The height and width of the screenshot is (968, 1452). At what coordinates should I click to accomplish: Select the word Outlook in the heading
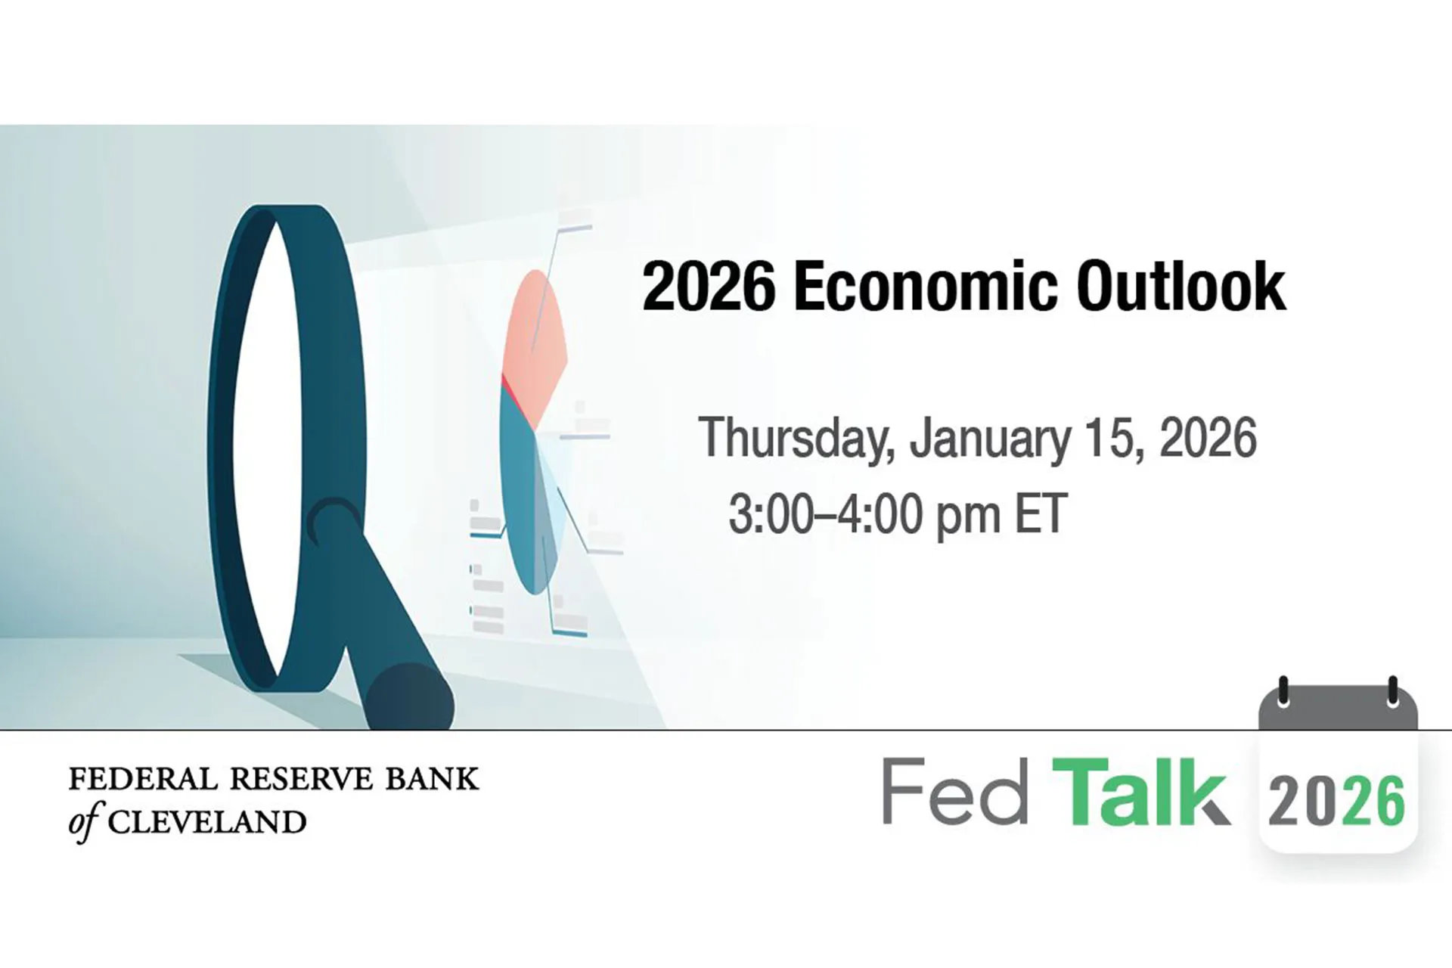pyautogui.click(x=1180, y=287)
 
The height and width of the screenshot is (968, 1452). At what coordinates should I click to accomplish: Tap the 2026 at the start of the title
pyautogui.click(x=708, y=287)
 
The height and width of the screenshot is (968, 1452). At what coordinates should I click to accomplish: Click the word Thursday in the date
pyautogui.click(x=797, y=439)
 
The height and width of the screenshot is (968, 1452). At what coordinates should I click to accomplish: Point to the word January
pyautogui.click(x=989, y=439)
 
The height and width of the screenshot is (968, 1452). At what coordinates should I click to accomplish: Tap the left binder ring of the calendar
pyautogui.click(x=1283, y=691)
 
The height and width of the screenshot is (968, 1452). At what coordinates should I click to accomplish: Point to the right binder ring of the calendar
pyautogui.click(x=1392, y=691)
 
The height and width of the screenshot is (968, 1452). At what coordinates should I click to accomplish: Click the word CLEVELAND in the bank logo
pyautogui.click(x=206, y=822)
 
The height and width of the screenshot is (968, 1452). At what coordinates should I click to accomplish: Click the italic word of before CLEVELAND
pyautogui.click(x=84, y=824)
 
